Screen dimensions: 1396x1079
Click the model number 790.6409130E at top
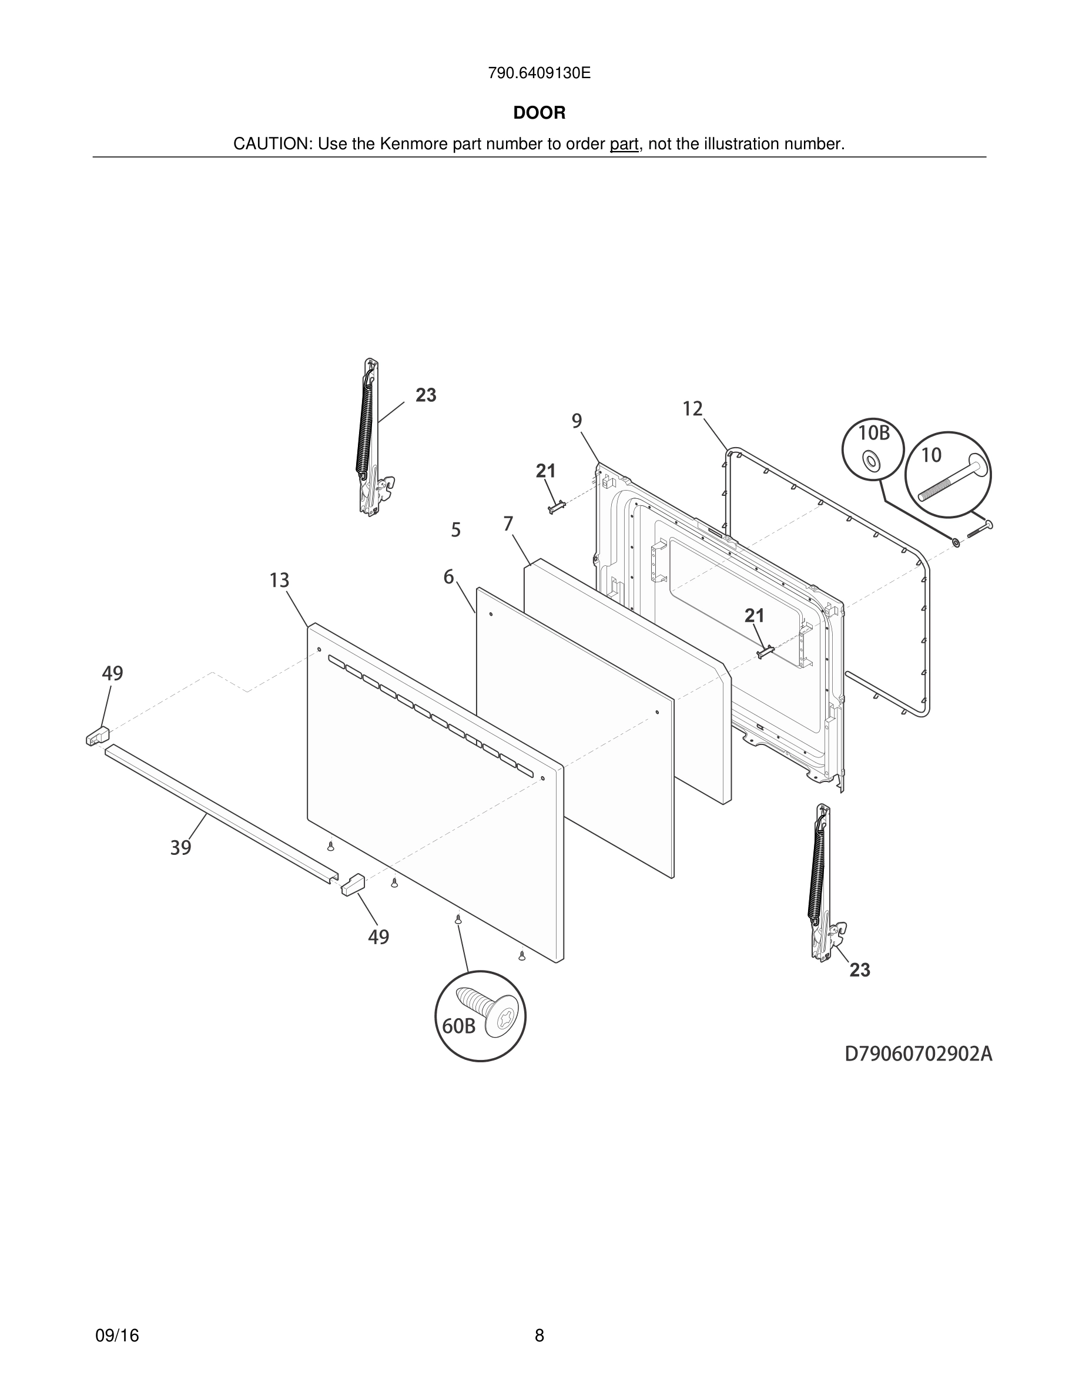[539, 73]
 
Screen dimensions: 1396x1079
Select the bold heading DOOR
[539, 113]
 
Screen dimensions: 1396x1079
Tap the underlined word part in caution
[624, 145]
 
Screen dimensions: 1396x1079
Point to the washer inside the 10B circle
[869, 459]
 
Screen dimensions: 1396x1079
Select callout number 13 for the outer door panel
[279, 580]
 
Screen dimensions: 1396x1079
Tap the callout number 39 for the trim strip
[181, 848]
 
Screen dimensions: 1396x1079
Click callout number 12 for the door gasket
[692, 409]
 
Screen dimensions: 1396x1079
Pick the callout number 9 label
[577, 421]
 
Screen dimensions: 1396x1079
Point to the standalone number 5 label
[456, 530]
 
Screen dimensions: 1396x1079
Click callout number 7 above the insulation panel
[508, 524]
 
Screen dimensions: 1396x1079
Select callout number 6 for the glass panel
[449, 577]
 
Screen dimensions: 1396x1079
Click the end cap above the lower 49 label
[353, 885]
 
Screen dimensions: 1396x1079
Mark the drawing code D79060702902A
[919, 1054]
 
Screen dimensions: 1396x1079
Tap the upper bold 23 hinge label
[425, 395]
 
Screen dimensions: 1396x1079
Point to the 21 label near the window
[754, 616]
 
